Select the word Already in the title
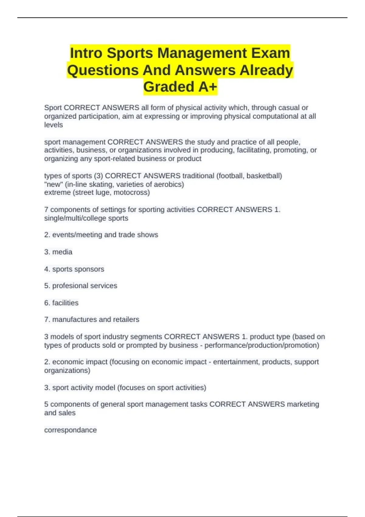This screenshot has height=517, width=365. point(266,70)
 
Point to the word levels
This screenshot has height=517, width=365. point(54,125)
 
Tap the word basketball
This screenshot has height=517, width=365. point(264,176)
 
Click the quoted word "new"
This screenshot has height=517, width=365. point(53,184)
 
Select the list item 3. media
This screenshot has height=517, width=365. point(58,252)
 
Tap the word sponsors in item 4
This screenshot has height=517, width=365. point(91,269)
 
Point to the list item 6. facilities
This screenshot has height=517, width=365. point(61,303)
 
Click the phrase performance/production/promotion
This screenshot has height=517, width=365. point(262,345)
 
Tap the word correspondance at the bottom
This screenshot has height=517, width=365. point(70,430)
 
